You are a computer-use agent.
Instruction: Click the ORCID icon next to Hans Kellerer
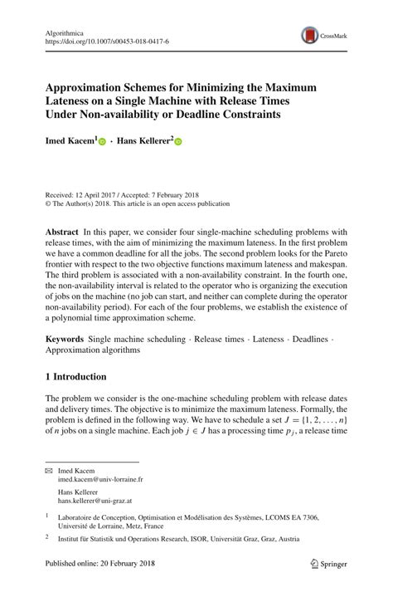pos(177,143)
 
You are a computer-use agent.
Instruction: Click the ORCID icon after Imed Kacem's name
pos(103,143)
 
